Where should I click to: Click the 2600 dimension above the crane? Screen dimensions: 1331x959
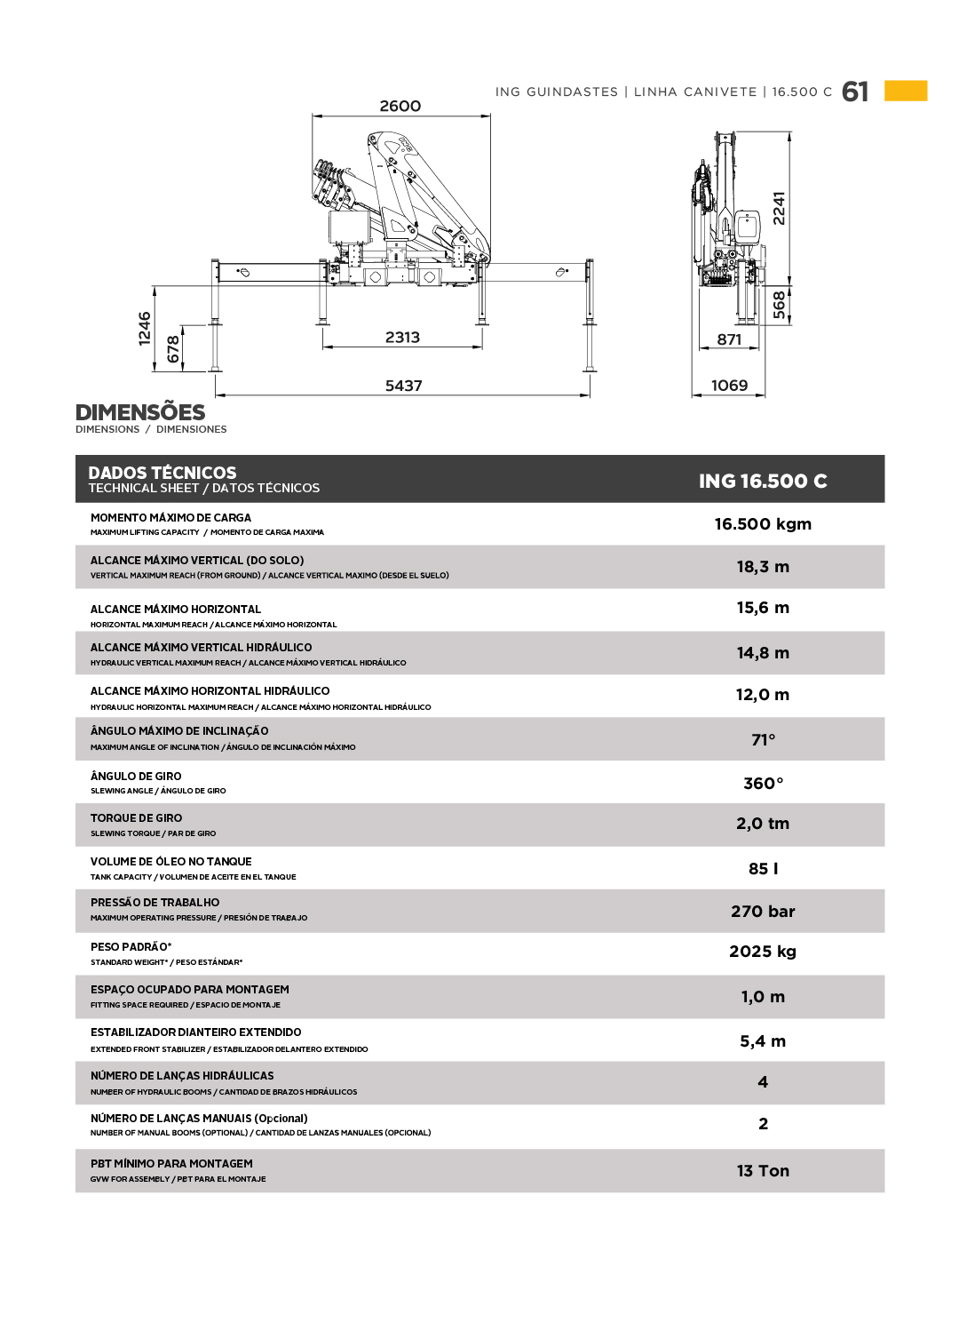pyautogui.click(x=400, y=107)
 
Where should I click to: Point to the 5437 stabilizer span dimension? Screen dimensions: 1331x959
pyautogui.click(x=403, y=386)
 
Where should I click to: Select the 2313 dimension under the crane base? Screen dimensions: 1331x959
pyautogui.click(x=402, y=338)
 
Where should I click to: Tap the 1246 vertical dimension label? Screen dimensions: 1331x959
pyautogui.click(x=146, y=328)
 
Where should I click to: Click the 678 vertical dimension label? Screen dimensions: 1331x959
pyautogui.click(x=174, y=349)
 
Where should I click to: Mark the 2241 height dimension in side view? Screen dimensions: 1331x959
pyautogui.click(x=779, y=208)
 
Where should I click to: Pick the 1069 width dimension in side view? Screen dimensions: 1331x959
pyautogui.click(x=729, y=386)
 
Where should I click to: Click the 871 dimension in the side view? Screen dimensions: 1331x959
pyautogui.click(x=729, y=339)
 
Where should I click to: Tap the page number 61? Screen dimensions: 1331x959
pyautogui.click(x=855, y=92)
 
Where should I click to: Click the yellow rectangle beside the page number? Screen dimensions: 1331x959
pyautogui.click(x=906, y=91)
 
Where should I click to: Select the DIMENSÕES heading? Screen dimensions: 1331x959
pyautogui.click(x=140, y=412)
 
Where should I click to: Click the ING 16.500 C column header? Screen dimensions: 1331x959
pyautogui.click(x=763, y=481)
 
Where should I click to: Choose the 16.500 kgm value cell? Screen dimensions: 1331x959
pyautogui.click(x=763, y=524)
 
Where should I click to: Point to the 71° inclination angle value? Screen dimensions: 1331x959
pyautogui.click(x=763, y=740)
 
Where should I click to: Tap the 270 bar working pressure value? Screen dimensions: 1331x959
pyautogui.click(x=763, y=912)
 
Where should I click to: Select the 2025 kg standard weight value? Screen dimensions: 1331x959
pyautogui.click(x=763, y=952)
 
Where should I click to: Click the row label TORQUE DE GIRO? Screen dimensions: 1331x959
pyautogui.click(x=136, y=818)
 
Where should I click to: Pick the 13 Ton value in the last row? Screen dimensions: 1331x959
pyautogui.click(x=763, y=1171)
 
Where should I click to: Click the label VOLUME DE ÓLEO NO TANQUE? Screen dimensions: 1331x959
pyautogui.click(x=170, y=862)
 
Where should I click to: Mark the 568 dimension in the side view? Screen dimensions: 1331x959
pyautogui.click(x=779, y=304)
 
